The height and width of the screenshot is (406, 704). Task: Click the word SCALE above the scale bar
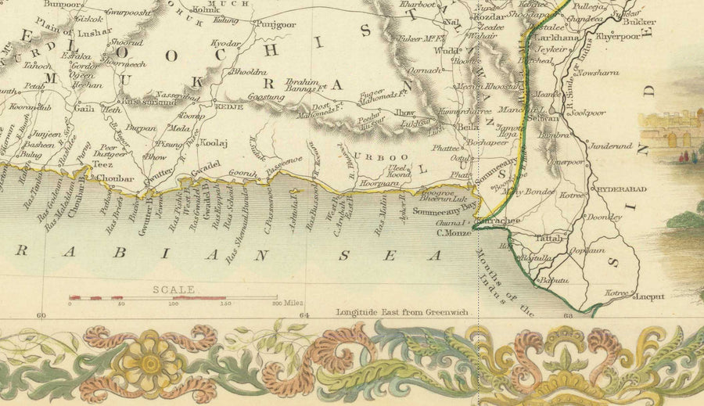point(173,289)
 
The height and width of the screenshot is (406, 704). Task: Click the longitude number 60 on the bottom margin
point(42,316)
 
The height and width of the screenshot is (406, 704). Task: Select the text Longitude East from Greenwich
point(402,311)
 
